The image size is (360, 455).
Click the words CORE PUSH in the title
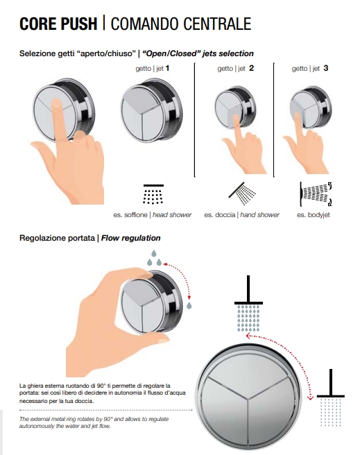(58, 24)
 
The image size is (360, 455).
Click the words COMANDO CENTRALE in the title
(181, 24)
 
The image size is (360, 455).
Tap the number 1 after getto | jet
(167, 68)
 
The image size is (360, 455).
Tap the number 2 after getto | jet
(251, 68)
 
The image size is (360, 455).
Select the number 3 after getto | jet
(326, 68)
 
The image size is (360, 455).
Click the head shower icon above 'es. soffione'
(153, 194)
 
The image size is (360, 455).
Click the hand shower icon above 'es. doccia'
(242, 194)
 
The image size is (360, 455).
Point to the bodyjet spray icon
(316, 194)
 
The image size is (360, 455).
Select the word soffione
(136, 215)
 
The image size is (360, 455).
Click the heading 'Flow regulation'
(130, 238)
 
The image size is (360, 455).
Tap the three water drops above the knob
(154, 258)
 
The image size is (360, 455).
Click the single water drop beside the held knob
(189, 305)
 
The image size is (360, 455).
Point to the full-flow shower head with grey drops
(248, 304)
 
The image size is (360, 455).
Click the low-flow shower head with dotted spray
(330, 397)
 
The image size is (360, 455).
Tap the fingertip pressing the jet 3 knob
(296, 115)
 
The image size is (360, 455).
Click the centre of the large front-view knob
(247, 397)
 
